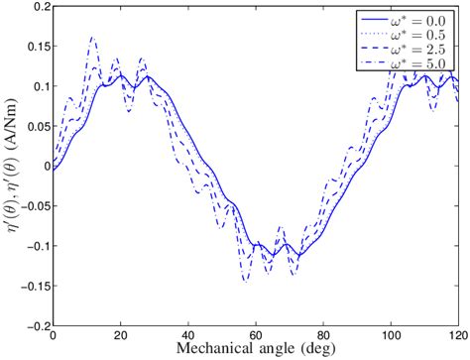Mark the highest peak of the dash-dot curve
(x=92, y=38)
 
